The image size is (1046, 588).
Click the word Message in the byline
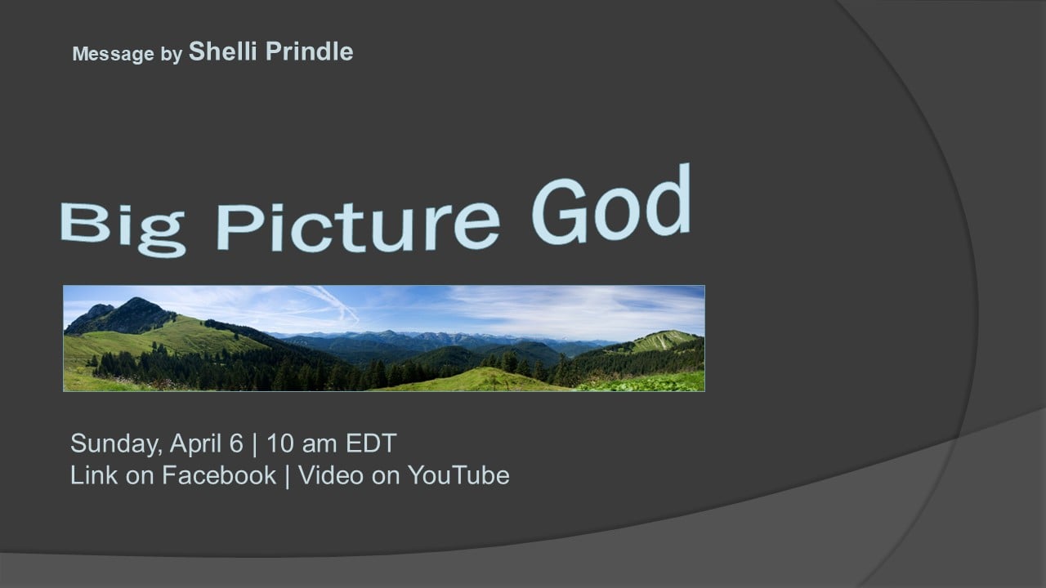[x=113, y=54]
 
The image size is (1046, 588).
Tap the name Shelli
[x=223, y=51]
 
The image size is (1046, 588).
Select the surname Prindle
[x=309, y=51]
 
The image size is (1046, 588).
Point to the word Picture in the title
[x=358, y=227]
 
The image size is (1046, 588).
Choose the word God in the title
[x=611, y=204]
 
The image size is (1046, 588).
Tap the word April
[x=195, y=443]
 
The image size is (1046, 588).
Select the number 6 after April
[x=236, y=443]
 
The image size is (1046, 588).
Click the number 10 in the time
[x=279, y=443]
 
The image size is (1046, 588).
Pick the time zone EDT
[x=371, y=443]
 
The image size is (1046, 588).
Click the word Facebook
[x=219, y=475]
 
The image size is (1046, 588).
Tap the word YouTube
[x=458, y=475]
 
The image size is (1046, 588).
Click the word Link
[x=94, y=475]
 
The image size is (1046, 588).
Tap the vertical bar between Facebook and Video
[x=287, y=476]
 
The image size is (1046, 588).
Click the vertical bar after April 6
[x=255, y=444]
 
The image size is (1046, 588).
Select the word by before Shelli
[x=172, y=55]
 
